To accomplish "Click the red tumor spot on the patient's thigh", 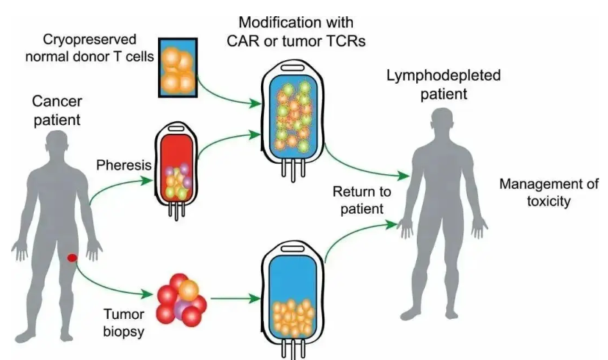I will coord(72,258).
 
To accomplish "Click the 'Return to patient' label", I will coord(358,201).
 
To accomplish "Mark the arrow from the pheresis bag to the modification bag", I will coord(228,140).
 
